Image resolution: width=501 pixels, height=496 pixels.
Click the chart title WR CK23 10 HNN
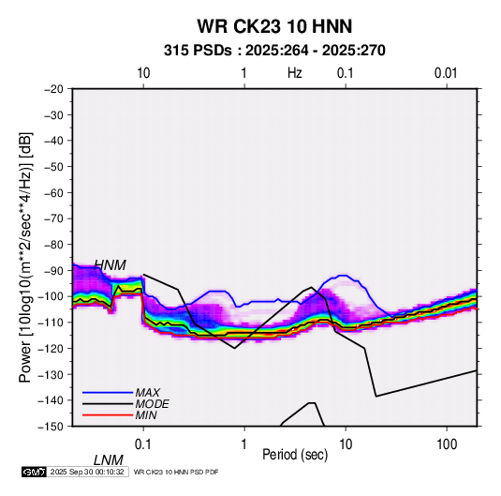click(x=274, y=26)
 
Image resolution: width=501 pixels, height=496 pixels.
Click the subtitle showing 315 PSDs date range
click(x=274, y=51)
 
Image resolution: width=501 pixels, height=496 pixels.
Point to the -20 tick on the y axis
click(x=53, y=89)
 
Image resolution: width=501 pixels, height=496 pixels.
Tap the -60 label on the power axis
click(x=53, y=192)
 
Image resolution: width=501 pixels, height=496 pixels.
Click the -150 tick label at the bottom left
click(x=51, y=427)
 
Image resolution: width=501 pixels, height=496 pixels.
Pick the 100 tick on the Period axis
click(x=447, y=444)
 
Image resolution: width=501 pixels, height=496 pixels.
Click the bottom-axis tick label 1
click(x=244, y=444)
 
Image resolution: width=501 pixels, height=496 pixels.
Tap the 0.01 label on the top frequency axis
click(x=446, y=73)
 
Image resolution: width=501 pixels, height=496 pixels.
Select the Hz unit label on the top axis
click(x=295, y=73)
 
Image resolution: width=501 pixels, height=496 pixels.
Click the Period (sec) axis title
click(x=295, y=455)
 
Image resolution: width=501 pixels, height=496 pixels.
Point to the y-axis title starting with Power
click(x=25, y=258)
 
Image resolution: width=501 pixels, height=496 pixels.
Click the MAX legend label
click(x=148, y=392)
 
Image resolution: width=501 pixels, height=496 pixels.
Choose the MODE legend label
click(x=152, y=404)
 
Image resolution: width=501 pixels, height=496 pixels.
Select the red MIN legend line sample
click(x=108, y=415)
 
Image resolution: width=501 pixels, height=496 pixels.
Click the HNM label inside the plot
click(x=110, y=265)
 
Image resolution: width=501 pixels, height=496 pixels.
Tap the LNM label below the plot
click(x=109, y=460)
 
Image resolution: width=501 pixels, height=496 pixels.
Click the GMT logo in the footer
click(x=35, y=472)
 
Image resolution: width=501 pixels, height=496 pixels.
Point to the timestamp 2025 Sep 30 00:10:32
click(x=87, y=472)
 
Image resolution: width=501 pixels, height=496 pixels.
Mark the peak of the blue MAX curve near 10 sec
click(x=343, y=276)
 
